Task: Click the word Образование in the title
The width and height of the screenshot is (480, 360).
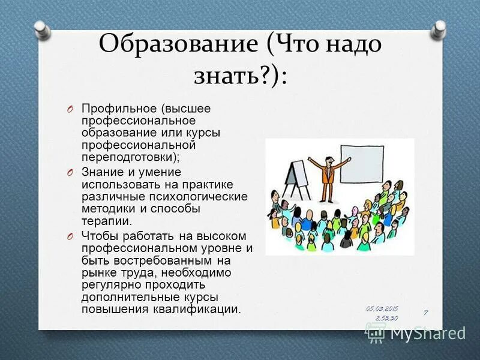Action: click(x=177, y=44)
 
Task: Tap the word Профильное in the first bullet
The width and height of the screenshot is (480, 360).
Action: click(x=118, y=109)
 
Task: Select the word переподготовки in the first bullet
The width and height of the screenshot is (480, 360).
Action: click(x=129, y=157)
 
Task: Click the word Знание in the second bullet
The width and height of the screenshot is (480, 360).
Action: click(x=101, y=172)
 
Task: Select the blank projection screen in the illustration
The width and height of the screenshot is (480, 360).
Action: click(x=362, y=164)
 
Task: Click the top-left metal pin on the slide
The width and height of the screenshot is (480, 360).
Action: click(x=41, y=28)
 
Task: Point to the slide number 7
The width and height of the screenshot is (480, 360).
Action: click(x=425, y=313)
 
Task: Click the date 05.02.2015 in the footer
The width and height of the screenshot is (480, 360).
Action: click(x=382, y=308)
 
